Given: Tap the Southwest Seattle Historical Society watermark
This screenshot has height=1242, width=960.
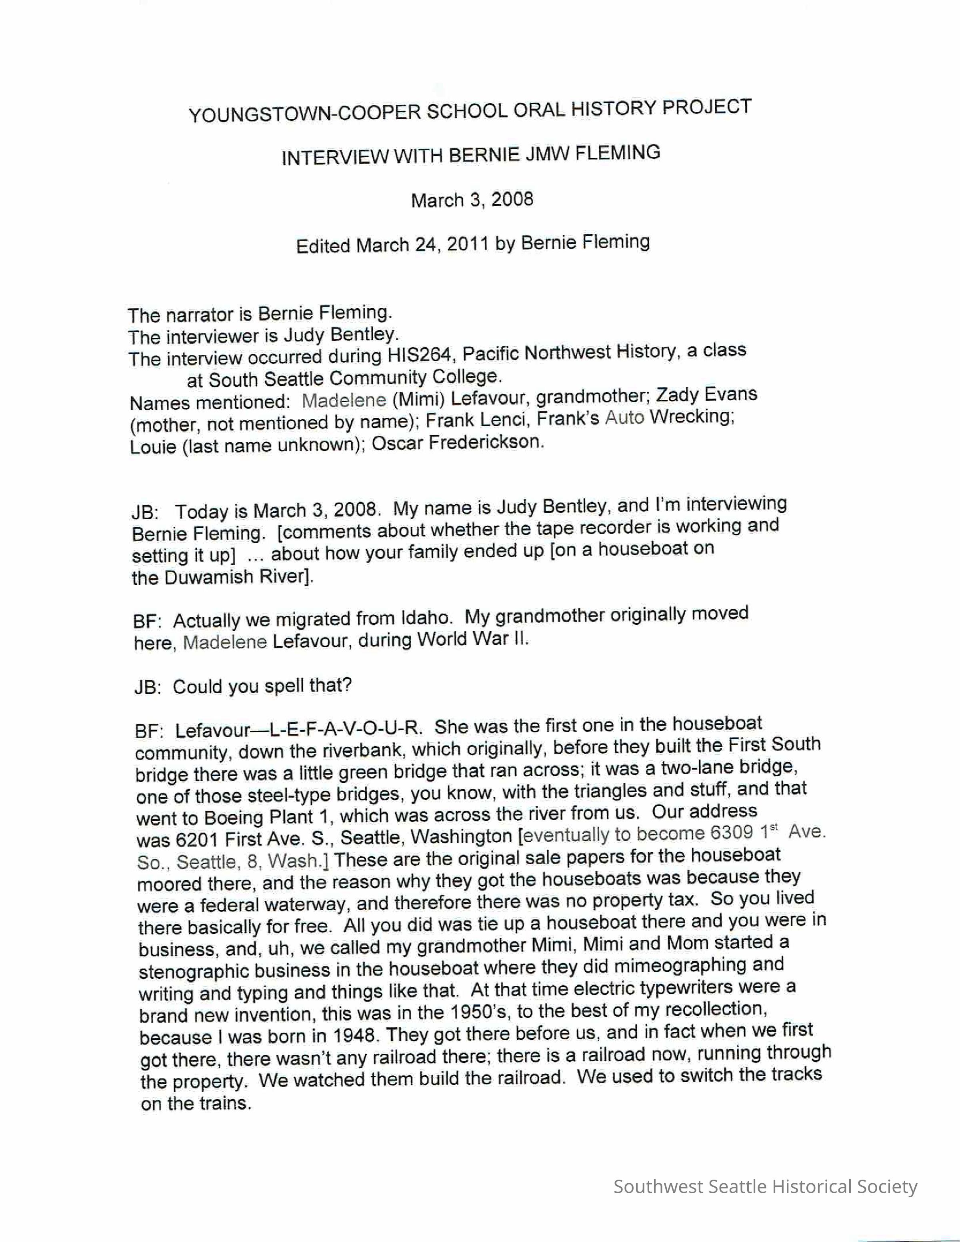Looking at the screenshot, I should coord(765,1187).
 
